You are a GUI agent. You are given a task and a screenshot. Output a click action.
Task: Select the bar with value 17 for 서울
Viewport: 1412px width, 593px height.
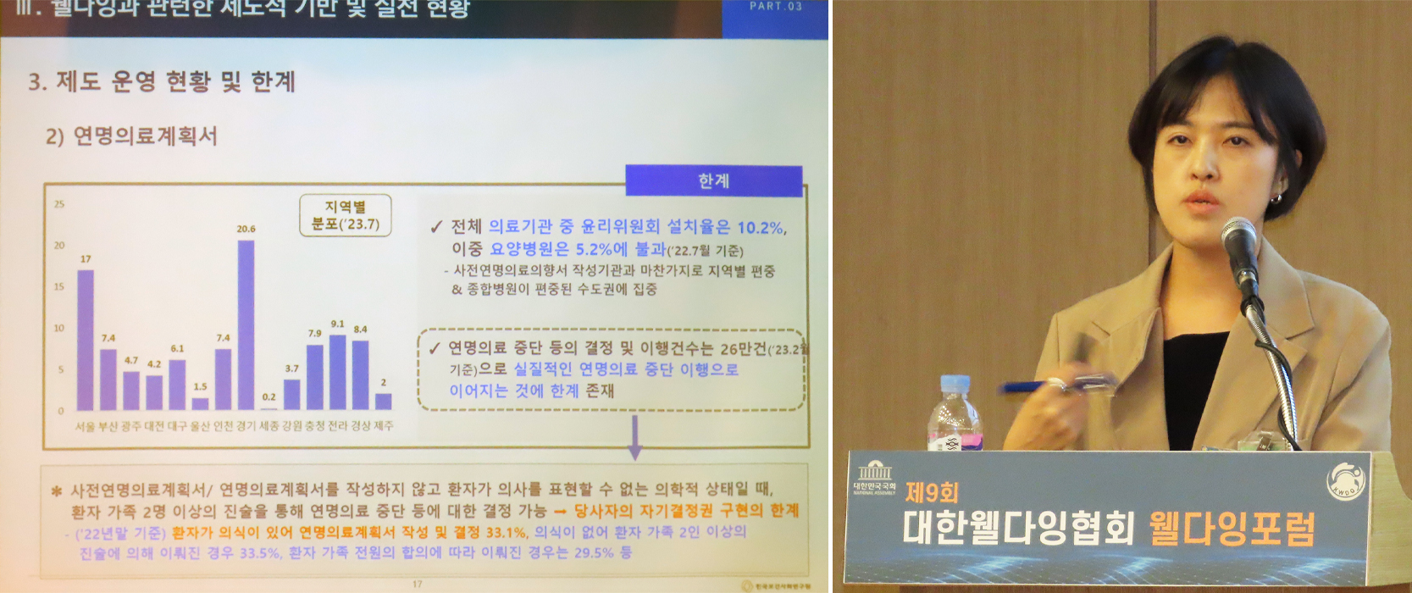pyautogui.click(x=86, y=339)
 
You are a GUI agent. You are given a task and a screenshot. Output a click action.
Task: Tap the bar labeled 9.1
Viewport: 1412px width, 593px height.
pyautogui.click(x=337, y=373)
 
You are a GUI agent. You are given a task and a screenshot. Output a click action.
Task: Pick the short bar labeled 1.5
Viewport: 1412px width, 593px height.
pyautogui.click(x=200, y=403)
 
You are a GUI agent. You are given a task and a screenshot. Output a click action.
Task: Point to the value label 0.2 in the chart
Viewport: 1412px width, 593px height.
pyautogui.click(x=269, y=396)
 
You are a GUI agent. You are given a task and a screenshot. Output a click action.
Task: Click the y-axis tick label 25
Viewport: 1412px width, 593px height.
pyautogui.click(x=59, y=204)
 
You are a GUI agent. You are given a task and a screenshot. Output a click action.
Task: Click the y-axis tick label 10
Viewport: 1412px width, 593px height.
pyautogui.click(x=59, y=328)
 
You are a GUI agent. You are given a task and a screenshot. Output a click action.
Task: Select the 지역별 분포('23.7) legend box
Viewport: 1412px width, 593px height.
pyautogui.click(x=346, y=215)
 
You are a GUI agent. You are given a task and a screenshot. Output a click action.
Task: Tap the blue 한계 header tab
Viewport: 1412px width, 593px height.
pyautogui.click(x=713, y=181)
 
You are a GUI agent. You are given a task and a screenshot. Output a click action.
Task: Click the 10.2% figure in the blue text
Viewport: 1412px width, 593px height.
pyautogui.click(x=761, y=227)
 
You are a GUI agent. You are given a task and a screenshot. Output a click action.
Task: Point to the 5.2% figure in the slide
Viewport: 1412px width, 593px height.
pyautogui.click(x=593, y=249)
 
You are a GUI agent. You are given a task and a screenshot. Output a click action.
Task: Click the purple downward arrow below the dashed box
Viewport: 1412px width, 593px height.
pyautogui.click(x=634, y=439)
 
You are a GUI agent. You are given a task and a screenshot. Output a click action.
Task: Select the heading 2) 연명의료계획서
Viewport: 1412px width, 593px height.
pyautogui.click(x=131, y=136)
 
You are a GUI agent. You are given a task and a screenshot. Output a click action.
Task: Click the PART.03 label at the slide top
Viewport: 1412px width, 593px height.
pyautogui.click(x=775, y=6)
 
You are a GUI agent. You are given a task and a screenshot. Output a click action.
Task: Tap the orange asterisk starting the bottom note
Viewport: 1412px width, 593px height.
pyautogui.click(x=57, y=490)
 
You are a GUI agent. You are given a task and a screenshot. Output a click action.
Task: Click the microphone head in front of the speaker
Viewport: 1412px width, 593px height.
pyautogui.click(x=1239, y=242)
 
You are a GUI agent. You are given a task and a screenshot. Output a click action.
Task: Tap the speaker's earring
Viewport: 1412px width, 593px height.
pyautogui.click(x=1276, y=199)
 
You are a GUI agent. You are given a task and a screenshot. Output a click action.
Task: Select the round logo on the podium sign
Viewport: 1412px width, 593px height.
pyautogui.click(x=1345, y=480)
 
